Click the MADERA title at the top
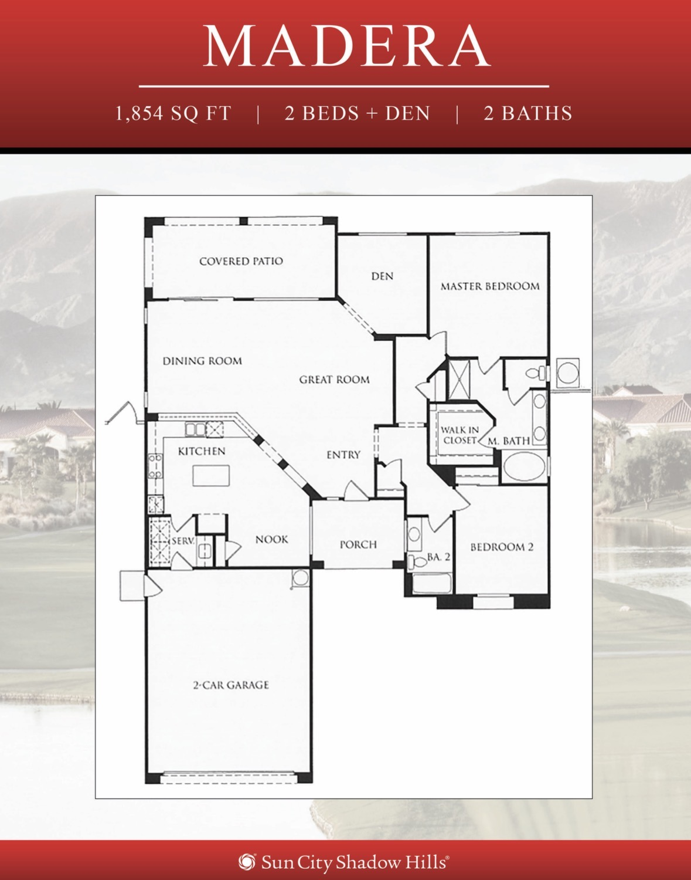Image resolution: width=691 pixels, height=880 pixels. [346, 46]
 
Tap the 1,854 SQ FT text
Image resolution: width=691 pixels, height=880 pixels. [173, 113]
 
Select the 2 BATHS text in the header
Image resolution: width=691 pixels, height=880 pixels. [528, 113]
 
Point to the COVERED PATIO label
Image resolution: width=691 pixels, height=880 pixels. [241, 261]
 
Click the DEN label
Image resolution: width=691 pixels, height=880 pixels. [382, 276]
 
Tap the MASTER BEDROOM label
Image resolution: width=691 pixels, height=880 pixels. [490, 286]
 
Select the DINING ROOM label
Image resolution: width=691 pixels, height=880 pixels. [202, 361]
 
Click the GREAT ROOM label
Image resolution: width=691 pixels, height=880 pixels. [334, 380]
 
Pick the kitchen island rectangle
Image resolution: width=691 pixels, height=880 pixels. [211, 475]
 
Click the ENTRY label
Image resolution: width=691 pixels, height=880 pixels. [343, 455]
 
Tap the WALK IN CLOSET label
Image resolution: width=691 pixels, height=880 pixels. [460, 435]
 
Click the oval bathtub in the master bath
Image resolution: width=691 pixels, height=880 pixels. [525, 466]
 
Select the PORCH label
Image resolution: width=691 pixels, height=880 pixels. [358, 544]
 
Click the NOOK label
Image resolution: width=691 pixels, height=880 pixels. [272, 539]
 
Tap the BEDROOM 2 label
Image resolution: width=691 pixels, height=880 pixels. [502, 547]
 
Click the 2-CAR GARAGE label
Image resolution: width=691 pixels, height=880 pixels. [230, 685]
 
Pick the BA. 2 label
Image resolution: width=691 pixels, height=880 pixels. [438, 557]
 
